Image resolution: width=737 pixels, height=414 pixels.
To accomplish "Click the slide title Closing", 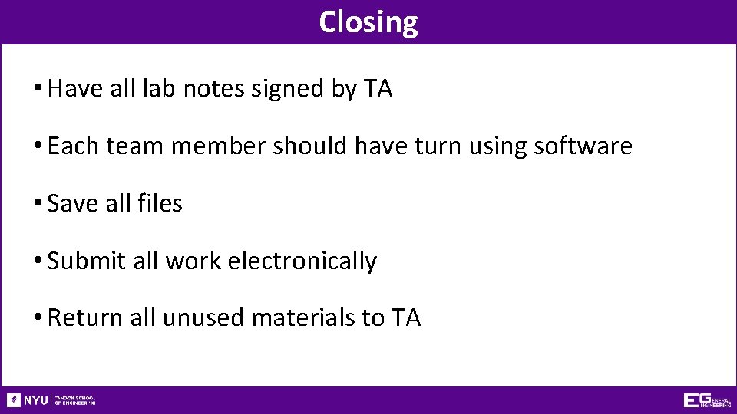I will coord(368,21).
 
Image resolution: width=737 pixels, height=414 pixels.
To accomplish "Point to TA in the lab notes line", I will coord(378,89).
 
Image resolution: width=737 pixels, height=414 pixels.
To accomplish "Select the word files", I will coord(160,203).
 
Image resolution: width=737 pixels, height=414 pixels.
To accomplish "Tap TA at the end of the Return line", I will coord(406,317).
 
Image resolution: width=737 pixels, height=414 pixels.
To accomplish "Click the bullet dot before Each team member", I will coord(38,146).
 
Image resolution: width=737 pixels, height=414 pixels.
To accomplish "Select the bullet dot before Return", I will coord(38,318).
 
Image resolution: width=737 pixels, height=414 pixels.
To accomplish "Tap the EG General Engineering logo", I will coord(707,400).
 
